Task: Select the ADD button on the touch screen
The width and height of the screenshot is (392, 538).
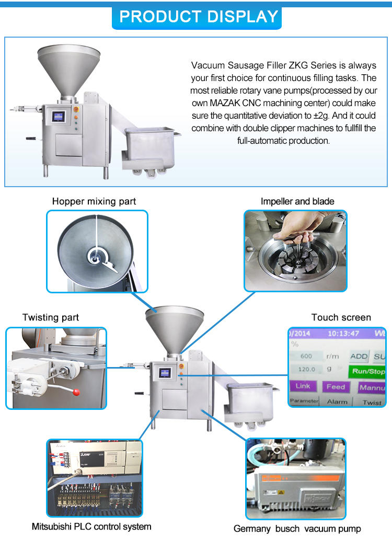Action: (x=359, y=356)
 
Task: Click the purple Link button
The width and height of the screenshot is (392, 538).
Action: (x=303, y=386)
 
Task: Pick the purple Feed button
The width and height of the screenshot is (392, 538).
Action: (x=336, y=387)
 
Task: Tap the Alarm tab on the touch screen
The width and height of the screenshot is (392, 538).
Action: (x=337, y=402)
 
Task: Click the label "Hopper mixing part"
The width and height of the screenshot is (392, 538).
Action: (x=94, y=201)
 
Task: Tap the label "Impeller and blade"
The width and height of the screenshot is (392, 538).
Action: (x=297, y=201)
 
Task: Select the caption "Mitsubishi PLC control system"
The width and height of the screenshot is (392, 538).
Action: (x=91, y=526)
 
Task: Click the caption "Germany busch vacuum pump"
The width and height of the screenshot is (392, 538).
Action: (x=297, y=529)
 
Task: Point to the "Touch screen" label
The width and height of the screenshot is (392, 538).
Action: (x=341, y=317)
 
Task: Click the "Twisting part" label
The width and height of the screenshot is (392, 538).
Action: (x=51, y=317)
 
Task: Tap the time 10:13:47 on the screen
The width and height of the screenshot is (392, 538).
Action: (x=343, y=333)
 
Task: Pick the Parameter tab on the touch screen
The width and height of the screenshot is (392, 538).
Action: (x=304, y=401)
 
